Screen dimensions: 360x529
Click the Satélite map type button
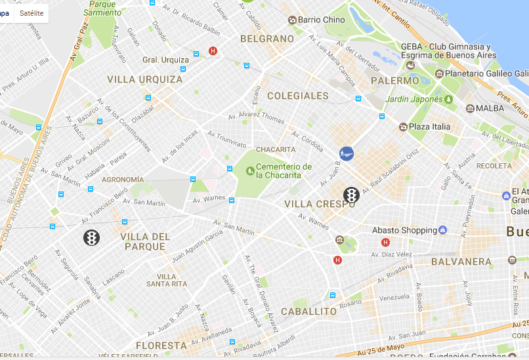32,13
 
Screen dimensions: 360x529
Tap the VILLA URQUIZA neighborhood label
145,79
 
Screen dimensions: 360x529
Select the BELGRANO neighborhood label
267,39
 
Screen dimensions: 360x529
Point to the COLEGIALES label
297,96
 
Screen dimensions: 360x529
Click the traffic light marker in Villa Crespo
352,195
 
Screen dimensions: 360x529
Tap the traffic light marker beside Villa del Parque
91,237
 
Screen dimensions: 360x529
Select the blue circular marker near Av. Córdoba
347,153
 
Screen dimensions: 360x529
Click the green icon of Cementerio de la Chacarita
249,170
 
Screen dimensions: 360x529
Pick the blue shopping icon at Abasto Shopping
443,230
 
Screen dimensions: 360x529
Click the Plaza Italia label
431,127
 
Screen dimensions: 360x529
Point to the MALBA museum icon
470,108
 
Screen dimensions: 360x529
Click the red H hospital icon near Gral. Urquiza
213,50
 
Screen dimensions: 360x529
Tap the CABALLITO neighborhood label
308,311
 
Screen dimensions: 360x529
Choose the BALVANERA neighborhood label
461,262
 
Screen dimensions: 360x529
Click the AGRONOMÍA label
123,179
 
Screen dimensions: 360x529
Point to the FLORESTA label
161,345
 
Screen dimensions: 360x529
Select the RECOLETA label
494,166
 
